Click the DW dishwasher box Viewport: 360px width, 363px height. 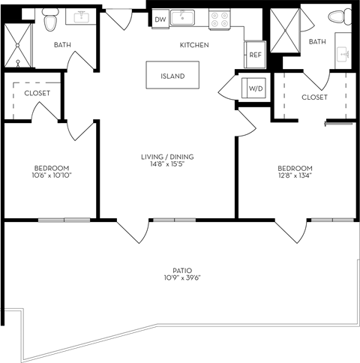pyautogui.click(x=160, y=20)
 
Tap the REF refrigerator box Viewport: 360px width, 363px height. pyautogui.click(x=255, y=54)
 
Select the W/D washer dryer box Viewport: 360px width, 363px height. pyautogui.click(x=255, y=88)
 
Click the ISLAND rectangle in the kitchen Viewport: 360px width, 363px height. pyautogui.click(x=172, y=76)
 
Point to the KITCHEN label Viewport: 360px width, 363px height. pyautogui.click(x=193, y=46)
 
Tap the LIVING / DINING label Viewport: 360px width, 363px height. pyautogui.click(x=167, y=157)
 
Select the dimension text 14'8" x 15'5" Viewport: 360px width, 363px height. pyautogui.click(x=167, y=165)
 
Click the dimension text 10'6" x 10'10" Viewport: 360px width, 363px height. pyautogui.click(x=52, y=175)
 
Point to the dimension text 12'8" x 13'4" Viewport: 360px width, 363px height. pyautogui.click(x=295, y=176)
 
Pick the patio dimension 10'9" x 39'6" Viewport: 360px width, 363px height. pyautogui.click(x=182, y=278)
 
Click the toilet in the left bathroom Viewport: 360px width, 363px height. pyautogui.click(x=50, y=20)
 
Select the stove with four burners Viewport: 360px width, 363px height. pyautogui.click(x=219, y=19)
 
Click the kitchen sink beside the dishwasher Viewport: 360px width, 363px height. pyautogui.click(x=181, y=18)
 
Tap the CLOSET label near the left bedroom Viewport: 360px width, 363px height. pyautogui.click(x=37, y=93)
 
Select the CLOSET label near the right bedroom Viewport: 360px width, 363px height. pyautogui.click(x=314, y=97)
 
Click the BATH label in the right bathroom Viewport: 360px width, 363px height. pyautogui.click(x=317, y=41)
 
